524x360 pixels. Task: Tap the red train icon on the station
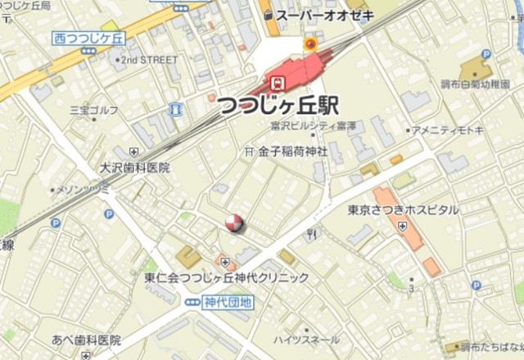278,83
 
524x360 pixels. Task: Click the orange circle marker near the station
310,43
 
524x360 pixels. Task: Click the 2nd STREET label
149,60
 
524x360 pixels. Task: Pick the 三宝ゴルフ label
93,108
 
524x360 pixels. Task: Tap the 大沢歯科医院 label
134,168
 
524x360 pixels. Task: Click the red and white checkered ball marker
234,223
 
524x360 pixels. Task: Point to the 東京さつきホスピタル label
403,210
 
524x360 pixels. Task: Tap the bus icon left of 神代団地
192,302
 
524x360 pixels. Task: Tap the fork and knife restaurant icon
310,236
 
